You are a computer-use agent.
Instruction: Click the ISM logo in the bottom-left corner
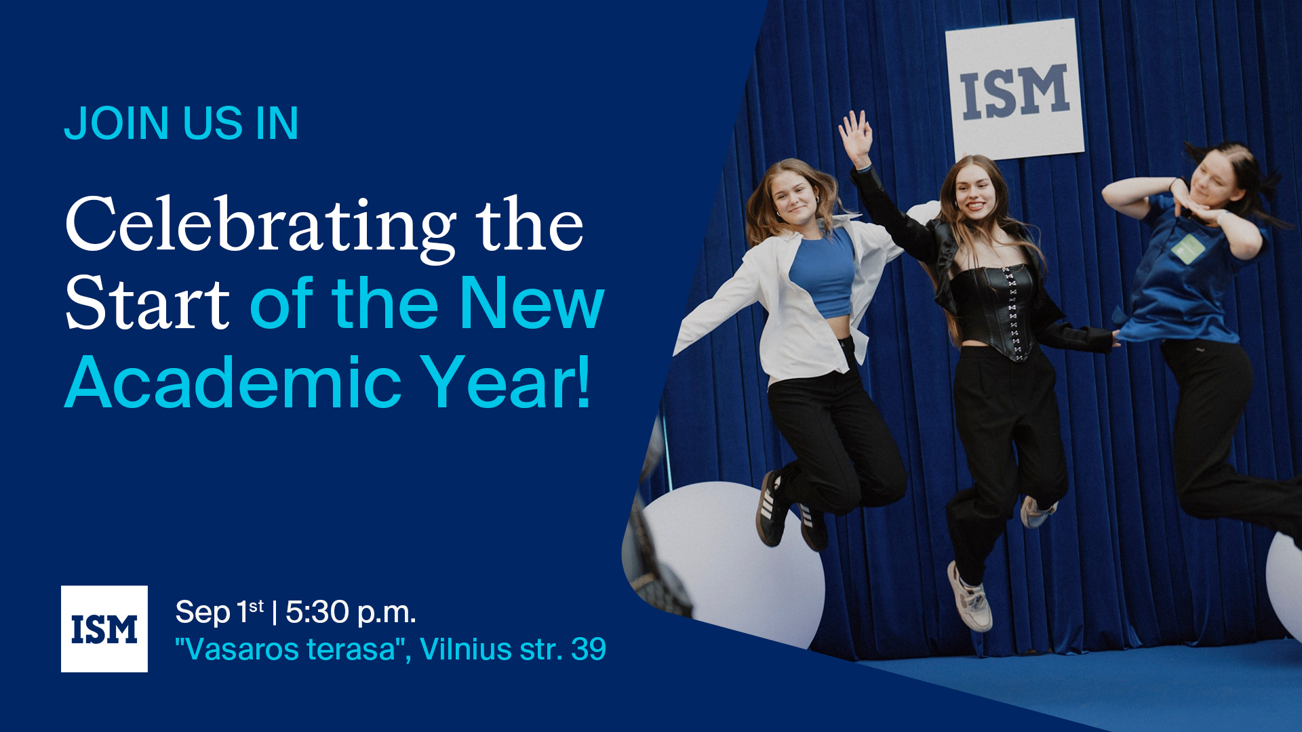click(104, 629)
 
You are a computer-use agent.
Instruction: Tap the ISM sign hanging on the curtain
click(1015, 90)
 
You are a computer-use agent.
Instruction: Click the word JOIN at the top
click(117, 123)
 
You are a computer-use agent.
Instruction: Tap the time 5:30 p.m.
click(351, 612)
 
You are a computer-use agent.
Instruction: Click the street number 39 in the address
click(589, 649)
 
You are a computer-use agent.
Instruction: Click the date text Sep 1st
click(220, 612)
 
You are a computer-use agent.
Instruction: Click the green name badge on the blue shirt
click(1188, 248)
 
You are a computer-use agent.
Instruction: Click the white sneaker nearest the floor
click(970, 598)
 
